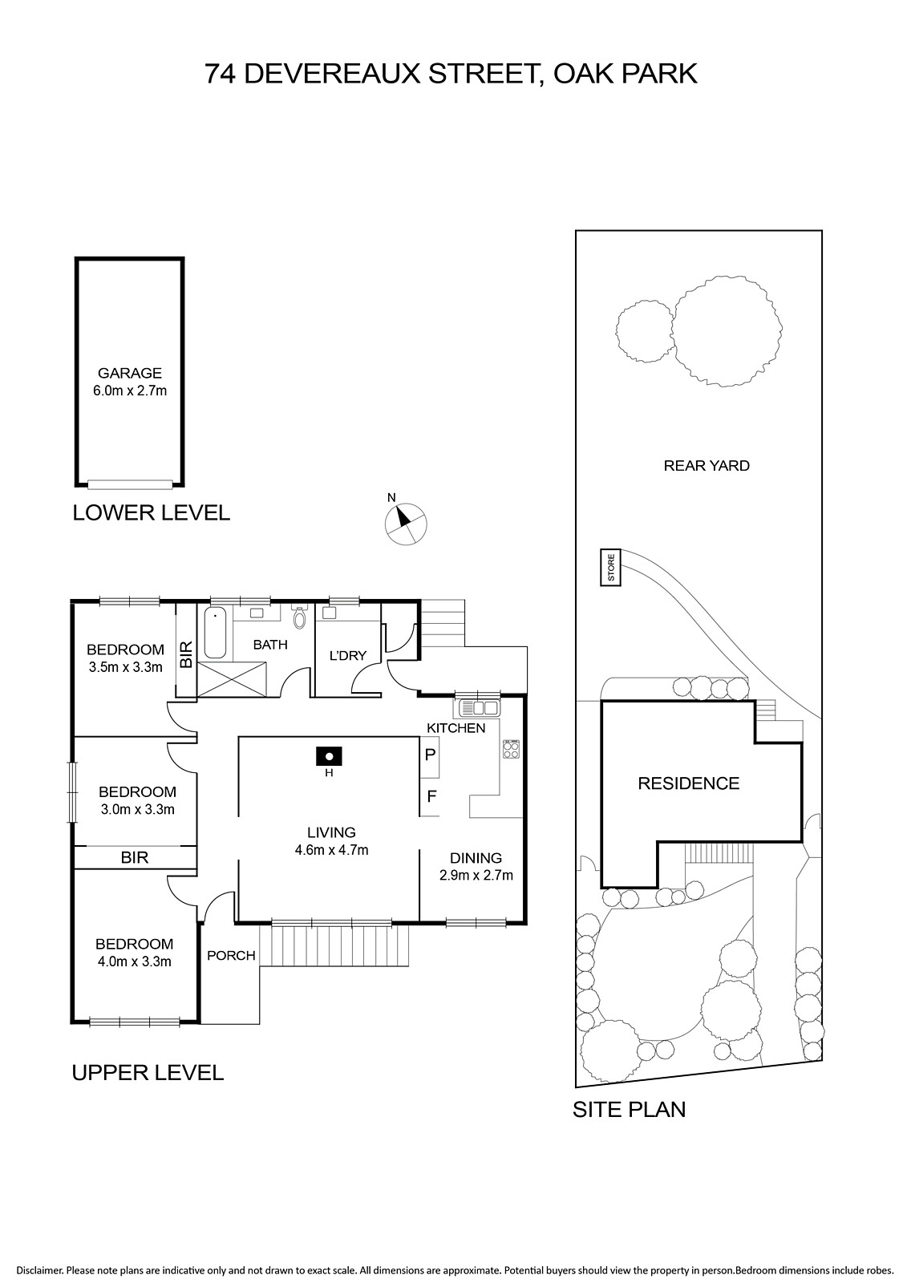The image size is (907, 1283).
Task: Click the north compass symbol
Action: [406, 523]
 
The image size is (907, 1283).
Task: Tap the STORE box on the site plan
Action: [611, 567]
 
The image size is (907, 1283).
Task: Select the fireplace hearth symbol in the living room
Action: [330, 756]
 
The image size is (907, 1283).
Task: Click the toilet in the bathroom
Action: [299, 617]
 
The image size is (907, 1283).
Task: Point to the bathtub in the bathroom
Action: [216, 633]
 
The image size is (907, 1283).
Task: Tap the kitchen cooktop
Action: [511, 749]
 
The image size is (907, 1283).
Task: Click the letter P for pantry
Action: [431, 755]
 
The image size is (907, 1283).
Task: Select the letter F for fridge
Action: [431, 795]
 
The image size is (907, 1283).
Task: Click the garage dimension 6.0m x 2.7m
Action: [130, 391]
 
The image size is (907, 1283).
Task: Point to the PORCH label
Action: [232, 955]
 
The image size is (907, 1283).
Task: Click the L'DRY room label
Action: [348, 655]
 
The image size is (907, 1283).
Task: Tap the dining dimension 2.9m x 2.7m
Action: [476, 875]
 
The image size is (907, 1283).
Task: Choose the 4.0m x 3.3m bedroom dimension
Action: [135, 961]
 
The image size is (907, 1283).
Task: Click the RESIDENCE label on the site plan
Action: [689, 783]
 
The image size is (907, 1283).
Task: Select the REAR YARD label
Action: [707, 466]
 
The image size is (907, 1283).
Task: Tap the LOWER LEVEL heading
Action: [152, 512]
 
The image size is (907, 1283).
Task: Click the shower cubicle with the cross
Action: [232, 679]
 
